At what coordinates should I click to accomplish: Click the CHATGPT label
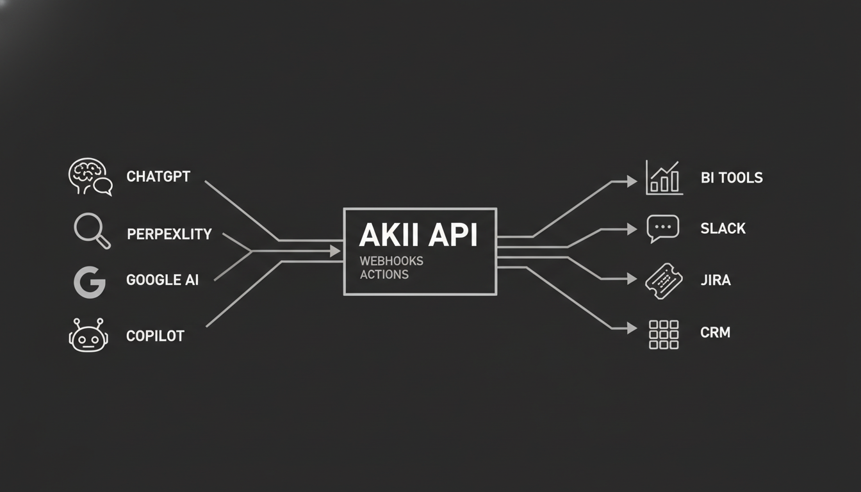click(158, 177)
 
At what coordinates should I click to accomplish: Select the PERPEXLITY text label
click(169, 234)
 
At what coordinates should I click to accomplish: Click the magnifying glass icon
click(91, 230)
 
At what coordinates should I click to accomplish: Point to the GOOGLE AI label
click(162, 280)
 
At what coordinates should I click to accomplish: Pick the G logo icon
click(90, 283)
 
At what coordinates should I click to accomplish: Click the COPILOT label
click(155, 336)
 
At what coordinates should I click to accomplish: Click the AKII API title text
click(418, 236)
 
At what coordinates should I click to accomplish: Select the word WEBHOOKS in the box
click(391, 261)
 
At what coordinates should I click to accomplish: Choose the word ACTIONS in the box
click(384, 275)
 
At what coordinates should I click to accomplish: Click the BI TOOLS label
click(732, 178)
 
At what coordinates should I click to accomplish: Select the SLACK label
click(723, 229)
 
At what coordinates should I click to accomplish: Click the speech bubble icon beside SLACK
click(662, 229)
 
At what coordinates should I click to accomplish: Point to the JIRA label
click(716, 281)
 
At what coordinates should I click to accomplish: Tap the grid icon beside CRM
click(663, 334)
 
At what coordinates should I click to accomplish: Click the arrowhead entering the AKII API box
click(335, 250)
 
